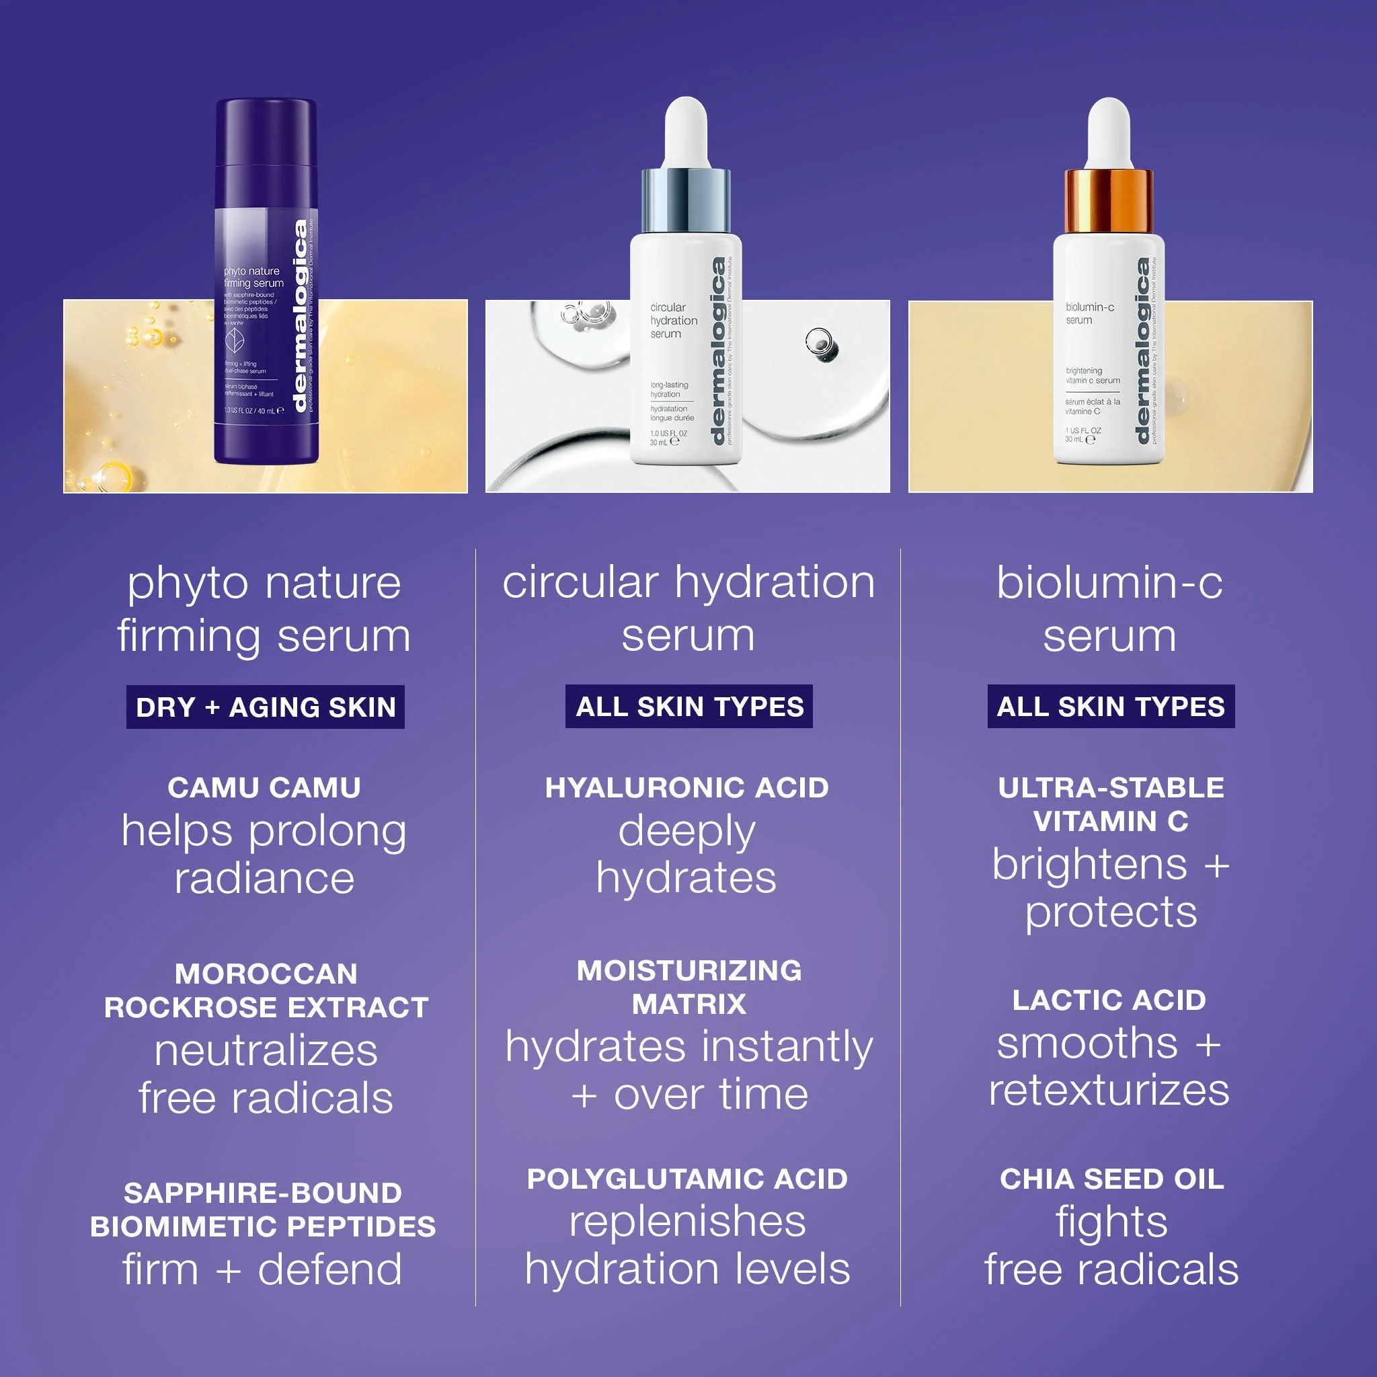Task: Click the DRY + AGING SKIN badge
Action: (265, 707)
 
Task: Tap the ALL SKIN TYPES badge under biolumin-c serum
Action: (1111, 707)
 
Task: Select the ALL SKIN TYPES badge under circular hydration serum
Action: (688, 707)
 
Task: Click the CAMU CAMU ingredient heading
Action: (264, 787)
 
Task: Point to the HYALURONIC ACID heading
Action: (687, 787)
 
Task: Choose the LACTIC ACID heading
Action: (1109, 1000)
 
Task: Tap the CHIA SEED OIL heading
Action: (1112, 1179)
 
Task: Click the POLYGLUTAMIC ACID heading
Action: (687, 1179)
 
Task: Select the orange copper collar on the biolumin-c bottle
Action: (1108, 201)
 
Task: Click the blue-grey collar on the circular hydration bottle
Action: (686, 200)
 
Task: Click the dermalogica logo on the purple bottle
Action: (301, 316)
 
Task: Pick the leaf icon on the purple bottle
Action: (235, 341)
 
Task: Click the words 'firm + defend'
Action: (262, 1269)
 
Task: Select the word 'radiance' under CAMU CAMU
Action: (264, 878)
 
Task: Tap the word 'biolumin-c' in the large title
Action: (1109, 582)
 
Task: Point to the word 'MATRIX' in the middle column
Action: (689, 1005)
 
